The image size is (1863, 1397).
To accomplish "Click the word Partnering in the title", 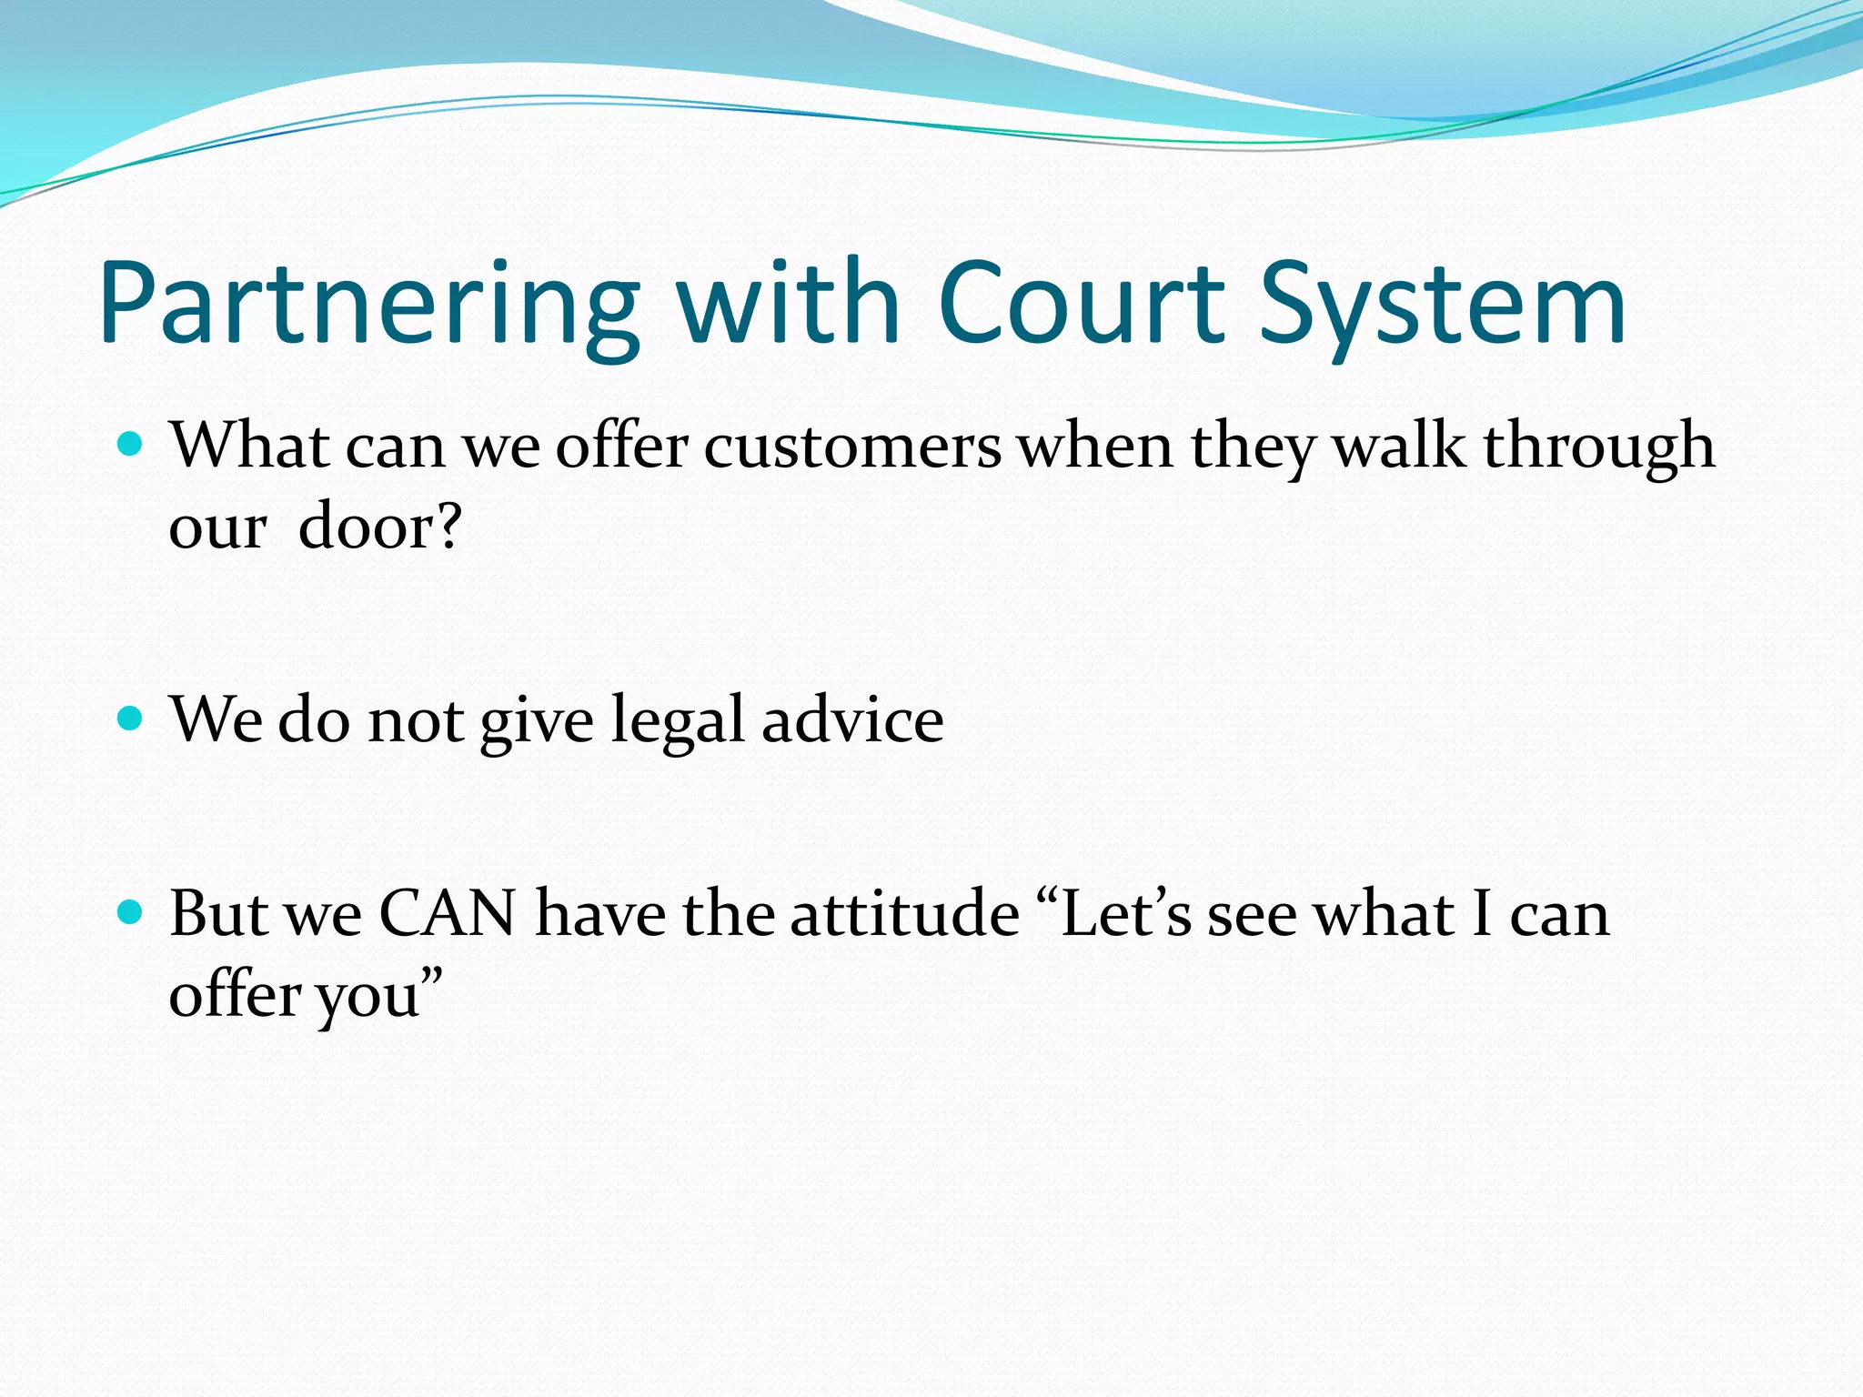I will click(368, 305).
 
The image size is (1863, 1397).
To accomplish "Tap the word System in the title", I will click(1442, 305).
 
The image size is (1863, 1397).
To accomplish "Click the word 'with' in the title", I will click(788, 305).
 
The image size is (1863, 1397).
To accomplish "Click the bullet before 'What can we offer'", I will click(132, 446).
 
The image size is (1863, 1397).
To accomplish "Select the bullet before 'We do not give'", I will click(132, 719).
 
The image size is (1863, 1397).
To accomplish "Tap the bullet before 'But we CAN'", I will click(132, 912).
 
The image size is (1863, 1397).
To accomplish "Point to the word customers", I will click(852, 447).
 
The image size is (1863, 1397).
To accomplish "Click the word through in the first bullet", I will click(1598, 447).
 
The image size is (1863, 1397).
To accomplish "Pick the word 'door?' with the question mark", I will click(380, 528).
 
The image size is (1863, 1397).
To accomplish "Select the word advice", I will click(852, 719).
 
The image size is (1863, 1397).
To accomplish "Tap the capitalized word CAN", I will click(447, 914).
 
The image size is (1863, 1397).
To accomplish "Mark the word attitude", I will click(904, 914).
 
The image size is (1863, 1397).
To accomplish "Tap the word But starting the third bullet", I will click(219, 914).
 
